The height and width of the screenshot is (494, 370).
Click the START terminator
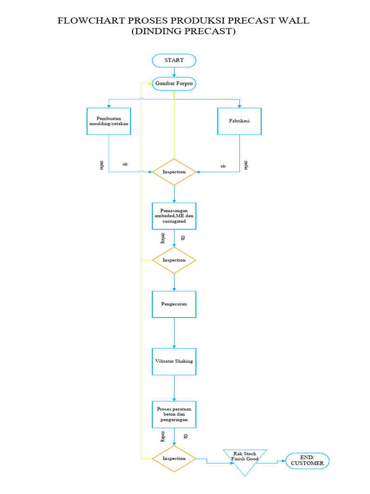(x=174, y=60)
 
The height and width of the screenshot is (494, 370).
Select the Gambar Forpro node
(x=174, y=84)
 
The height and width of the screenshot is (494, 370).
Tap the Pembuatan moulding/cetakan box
(x=109, y=121)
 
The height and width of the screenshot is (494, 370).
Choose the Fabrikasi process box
(x=239, y=121)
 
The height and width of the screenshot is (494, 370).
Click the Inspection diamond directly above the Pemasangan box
(x=174, y=172)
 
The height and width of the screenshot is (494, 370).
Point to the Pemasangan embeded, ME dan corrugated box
(x=174, y=216)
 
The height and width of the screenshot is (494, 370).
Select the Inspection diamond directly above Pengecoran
(x=174, y=260)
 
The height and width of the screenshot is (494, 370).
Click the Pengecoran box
(x=174, y=304)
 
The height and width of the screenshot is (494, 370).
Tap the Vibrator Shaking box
(x=174, y=361)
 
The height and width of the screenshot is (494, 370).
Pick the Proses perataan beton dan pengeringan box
(x=174, y=414)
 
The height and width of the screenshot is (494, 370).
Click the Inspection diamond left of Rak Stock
(x=174, y=458)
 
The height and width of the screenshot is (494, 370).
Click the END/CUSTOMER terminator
(x=307, y=460)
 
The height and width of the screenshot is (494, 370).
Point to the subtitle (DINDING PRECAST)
(x=184, y=32)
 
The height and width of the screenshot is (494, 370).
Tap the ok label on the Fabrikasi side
(x=223, y=166)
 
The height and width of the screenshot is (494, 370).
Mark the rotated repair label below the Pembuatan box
(x=102, y=165)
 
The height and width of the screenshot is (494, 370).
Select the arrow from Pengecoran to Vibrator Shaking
(x=174, y=333)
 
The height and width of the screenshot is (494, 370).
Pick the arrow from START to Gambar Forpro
(x=174, y=72)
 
